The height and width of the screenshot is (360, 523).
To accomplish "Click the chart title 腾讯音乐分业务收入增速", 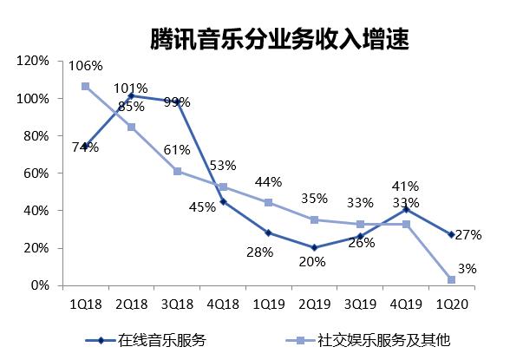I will pos(278,38).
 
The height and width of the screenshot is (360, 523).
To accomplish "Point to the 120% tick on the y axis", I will pos(33,61).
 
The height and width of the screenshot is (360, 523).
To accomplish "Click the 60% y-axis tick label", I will pos(36,173).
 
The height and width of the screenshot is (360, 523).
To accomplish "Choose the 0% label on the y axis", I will pos(40,285).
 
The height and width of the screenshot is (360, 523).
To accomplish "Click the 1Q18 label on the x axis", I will pos(85,304).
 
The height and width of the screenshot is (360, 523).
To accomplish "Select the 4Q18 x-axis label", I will pos(223,304).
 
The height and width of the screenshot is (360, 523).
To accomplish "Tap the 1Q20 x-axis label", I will pos(452,304).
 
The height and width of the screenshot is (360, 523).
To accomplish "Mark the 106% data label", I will pos(86,66).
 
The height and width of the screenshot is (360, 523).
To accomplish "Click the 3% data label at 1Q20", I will pos(467,270).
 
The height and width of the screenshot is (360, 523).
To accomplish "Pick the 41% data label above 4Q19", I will pos(405,186).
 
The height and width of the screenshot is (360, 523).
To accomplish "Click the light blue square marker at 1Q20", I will pos(451,279).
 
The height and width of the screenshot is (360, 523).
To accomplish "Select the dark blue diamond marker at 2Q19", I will pos(314,248).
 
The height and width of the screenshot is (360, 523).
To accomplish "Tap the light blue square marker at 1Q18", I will pos(85,87).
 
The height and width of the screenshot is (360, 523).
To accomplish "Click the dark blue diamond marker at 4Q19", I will pos(405,209).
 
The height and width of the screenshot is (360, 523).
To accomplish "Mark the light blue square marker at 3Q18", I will pos(177,171).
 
